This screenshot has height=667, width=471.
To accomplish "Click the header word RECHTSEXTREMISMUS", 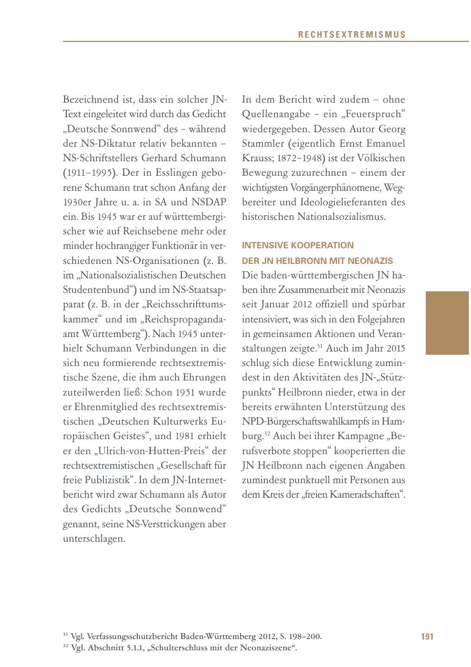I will coord(352,35).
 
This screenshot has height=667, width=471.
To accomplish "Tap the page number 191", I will coord(427,637).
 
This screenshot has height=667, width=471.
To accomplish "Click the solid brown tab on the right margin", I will coord(447,322).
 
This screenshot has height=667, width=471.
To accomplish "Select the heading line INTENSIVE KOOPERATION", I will coord(298,246).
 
